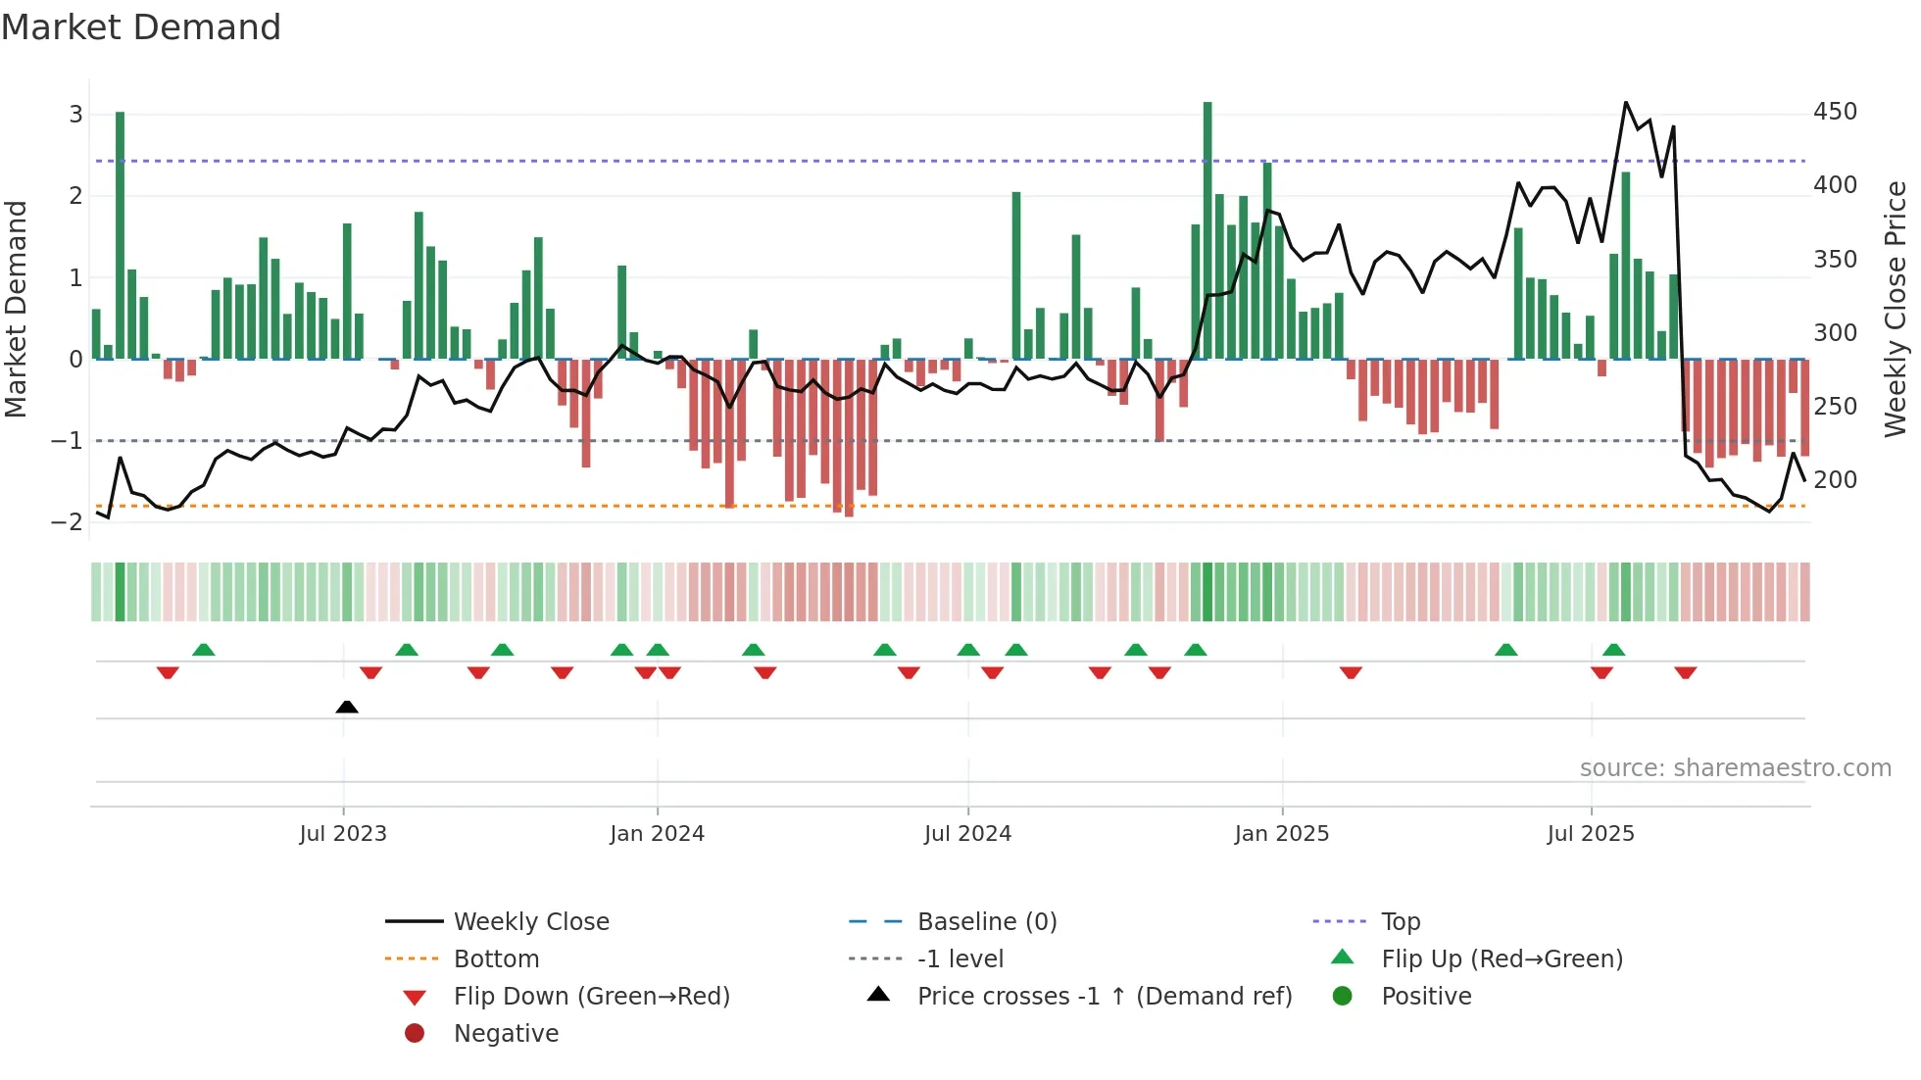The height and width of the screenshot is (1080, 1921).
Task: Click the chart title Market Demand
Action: (x=141, y=27)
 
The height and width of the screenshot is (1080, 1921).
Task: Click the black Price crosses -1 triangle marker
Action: (x=347, y=707)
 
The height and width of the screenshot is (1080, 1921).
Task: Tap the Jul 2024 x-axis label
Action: (x=967, y=834)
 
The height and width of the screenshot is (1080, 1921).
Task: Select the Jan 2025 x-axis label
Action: (x=1281, y=834)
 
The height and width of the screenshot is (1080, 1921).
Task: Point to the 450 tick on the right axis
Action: (x=1835, y=112)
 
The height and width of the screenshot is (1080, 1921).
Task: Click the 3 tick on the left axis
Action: (x=75, y=114)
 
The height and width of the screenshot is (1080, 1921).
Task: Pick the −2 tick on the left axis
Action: (x=68, y=522)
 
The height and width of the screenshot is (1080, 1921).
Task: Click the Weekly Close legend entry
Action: (x=530, y=922)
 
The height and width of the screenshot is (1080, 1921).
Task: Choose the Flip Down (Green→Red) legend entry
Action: (x=591, y=997)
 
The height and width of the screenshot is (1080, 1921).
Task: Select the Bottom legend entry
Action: (x=496, y=959)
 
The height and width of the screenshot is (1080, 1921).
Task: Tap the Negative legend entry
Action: (x=506, y=1034)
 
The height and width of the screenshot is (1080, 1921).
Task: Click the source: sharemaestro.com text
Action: (x=1735, y=768)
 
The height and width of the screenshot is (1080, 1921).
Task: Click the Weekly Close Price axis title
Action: (x=1896, y=309)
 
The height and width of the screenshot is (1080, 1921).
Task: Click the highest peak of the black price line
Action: (x=1626, y=103)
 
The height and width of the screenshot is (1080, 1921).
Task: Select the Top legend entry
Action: (x=1401, y=922)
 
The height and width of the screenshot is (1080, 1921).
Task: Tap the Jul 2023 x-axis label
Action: (x=343, y=834)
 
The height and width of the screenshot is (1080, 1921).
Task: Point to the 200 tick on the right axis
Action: (x=1835, y=480)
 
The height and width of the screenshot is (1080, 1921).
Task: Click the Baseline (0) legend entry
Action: (x=986, y=922)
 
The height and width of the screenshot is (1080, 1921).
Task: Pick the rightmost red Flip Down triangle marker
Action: (x=1686, y=672)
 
